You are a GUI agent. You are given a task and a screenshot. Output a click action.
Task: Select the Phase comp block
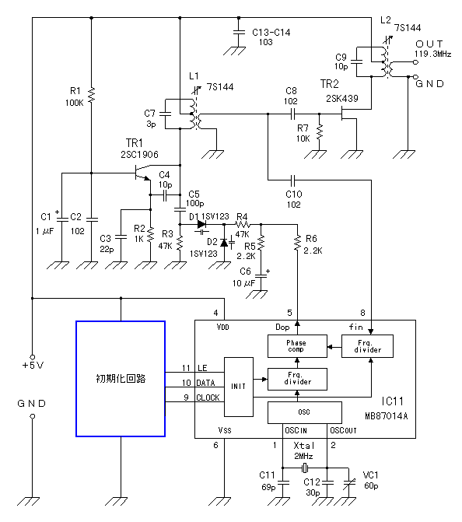click(x=297, y=346)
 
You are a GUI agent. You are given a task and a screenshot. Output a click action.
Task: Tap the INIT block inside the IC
click(x=239, y=387)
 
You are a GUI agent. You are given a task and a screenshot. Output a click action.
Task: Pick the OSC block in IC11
click(x=305, y=412)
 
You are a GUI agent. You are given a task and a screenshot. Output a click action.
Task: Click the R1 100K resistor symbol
click(x=92, y=95)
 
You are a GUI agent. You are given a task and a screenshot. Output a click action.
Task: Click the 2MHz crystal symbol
click(x=305, y=468)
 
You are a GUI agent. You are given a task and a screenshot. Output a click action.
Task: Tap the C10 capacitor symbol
click(x=292, y=180)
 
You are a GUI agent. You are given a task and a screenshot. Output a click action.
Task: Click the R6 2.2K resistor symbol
click(x=297, y=243)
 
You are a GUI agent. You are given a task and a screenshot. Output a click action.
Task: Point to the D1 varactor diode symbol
click(x=201, y=225)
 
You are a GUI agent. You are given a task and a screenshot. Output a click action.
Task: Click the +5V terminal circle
click(x=33, y=357)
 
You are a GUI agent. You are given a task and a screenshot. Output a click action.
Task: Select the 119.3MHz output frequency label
click(x=432, y=54)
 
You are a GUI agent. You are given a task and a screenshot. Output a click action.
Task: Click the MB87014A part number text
click(x=386, y=416)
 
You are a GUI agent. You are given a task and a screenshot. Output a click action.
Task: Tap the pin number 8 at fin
click(x=362, y=313)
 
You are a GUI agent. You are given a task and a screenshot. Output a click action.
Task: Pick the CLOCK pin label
click(x=208, y=398)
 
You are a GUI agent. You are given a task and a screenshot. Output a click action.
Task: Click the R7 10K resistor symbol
click(x=320, y=132)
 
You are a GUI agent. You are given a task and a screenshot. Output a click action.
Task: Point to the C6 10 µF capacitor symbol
click(x=261, y=275)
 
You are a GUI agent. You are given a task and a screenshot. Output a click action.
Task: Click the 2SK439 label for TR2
click(x=342, y=99)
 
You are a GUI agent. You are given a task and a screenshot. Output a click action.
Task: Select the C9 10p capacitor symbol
click(x=356, y=62)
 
